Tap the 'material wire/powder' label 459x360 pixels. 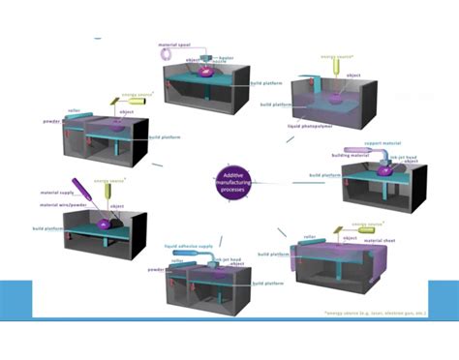point(58,203)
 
